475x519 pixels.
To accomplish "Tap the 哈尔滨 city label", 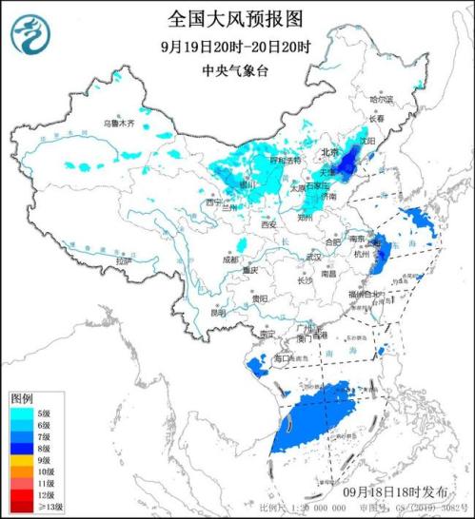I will pyautogui.click(x=381, y=99).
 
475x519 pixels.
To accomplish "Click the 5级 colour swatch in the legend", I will pyautogui.click(x=22, y=413).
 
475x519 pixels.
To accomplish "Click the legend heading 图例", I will pyautogui.click(x=22, y=396).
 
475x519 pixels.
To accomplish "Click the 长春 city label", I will pyautogui.click(x=385, y=118).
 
